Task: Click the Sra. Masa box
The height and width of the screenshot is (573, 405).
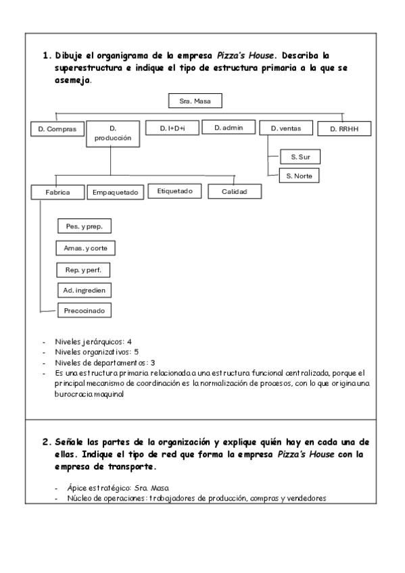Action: [x=194, y=101]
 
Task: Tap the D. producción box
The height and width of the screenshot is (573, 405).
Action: [x=113, y=133]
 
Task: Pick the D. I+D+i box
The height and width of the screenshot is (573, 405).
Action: [x=172, y=128]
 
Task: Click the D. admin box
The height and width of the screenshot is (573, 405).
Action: [x=229, y=128]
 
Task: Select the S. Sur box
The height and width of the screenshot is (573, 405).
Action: [x=300, y=157]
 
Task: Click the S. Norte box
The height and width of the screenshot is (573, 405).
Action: [x=298, y=176]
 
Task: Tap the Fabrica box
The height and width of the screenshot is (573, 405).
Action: [x=57, y=192]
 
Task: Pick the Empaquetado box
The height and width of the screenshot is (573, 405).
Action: [x=116, y=193]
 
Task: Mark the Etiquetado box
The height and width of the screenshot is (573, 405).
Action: [x=174, y=191]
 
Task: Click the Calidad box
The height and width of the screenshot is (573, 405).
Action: [x=235, y=192]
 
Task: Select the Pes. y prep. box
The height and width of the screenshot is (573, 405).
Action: [x=84, y=226]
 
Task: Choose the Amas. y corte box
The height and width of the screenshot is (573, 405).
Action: [x=85, y=249]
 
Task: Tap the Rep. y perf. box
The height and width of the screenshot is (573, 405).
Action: [x=83, y=270]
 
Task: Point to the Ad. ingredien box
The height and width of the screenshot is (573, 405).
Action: [x=84, y=291]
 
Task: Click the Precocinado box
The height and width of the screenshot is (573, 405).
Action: [x=84, y=311]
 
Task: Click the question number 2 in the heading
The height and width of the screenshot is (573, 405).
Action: [x=46, y=441]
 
